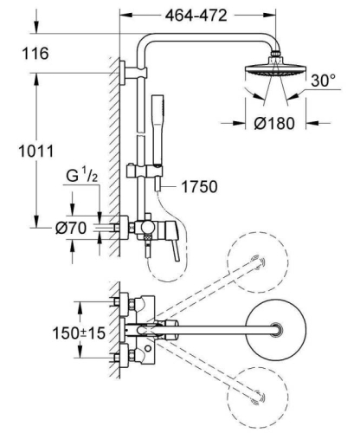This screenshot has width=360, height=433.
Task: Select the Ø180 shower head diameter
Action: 277,122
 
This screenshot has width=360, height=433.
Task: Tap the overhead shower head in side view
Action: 276,75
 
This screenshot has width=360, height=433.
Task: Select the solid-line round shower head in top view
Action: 276,330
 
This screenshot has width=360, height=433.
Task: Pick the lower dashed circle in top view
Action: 256,397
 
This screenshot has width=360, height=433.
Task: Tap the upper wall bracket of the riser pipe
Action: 128,72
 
